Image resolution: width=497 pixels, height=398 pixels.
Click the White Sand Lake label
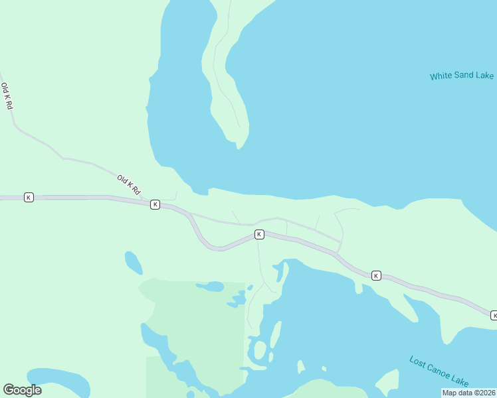461,76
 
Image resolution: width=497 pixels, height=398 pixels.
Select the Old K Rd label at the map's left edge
7,96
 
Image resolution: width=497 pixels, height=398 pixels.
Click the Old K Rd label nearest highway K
130,184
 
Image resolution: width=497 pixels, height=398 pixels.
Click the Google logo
22,390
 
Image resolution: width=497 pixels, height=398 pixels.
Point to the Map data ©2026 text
468,393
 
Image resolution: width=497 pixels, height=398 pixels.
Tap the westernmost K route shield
29,197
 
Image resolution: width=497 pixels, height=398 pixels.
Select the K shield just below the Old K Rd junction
155,204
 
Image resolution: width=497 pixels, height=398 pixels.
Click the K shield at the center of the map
259,234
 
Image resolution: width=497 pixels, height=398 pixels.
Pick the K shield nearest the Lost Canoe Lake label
376,275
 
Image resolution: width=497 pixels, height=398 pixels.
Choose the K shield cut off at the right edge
494,314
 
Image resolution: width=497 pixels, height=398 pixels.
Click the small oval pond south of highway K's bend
133,262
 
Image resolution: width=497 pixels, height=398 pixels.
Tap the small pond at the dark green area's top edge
211,287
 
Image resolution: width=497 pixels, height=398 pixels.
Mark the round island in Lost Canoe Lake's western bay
260,350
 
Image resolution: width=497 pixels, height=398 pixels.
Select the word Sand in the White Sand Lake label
462,76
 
